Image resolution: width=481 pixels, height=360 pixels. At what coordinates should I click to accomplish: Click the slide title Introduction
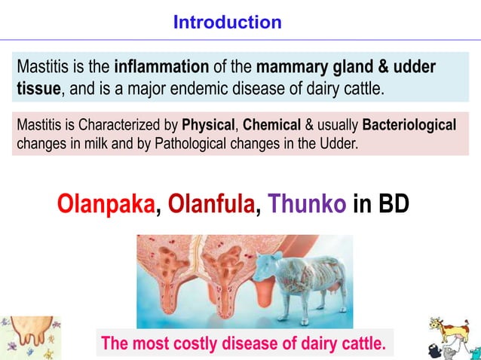pos(227,22)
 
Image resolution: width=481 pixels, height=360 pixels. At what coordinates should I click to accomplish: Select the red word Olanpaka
pos(106,203)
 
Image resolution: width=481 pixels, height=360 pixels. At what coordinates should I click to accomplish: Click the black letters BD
pos(392,203)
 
